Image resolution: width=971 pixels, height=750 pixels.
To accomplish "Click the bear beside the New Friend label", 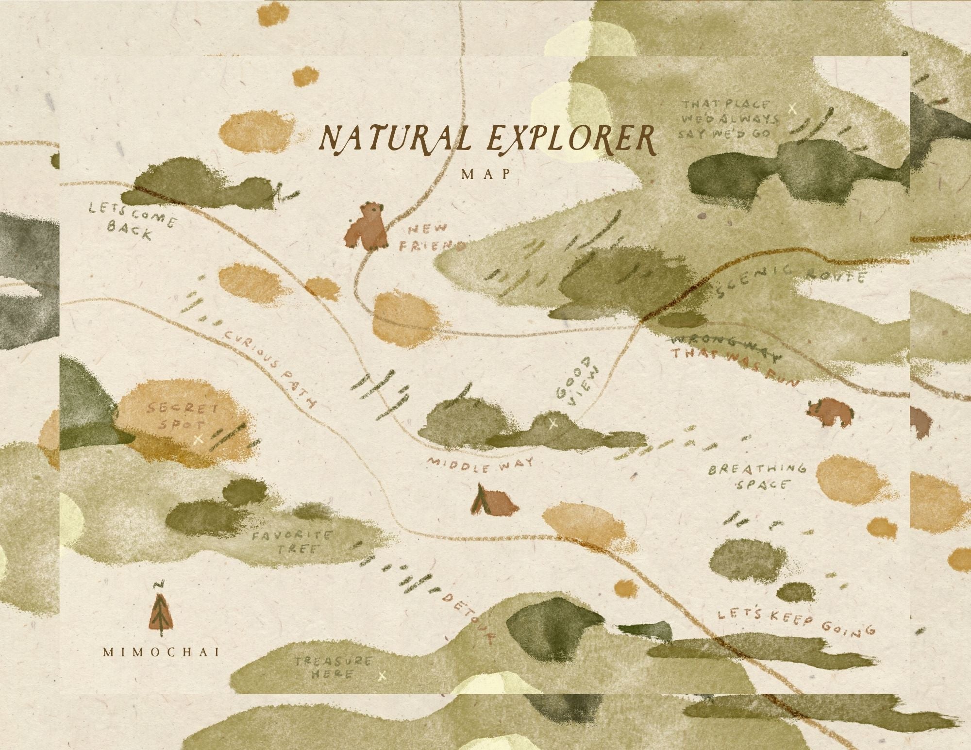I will pos(367,226).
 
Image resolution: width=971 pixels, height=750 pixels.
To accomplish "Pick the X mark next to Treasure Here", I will pos(382,675).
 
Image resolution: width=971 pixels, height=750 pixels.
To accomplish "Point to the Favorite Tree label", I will pos(292,542).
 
